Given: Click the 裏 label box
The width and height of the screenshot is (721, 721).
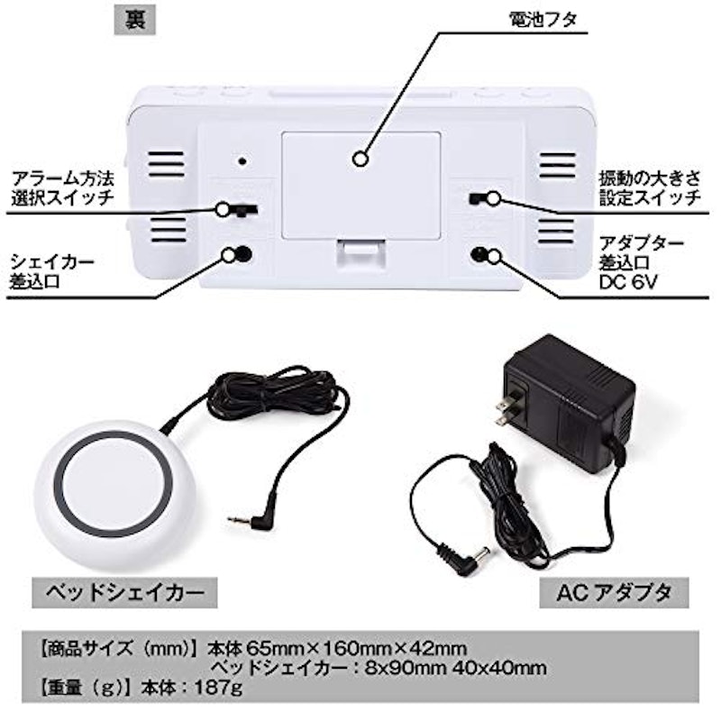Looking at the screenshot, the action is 134,21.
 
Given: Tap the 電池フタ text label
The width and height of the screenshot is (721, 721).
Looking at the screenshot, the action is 543,20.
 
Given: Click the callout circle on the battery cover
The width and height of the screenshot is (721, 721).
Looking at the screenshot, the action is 360,160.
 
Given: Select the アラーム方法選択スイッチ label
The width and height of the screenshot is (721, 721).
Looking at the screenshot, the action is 62,188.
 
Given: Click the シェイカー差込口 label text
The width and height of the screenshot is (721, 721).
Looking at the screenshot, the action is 51,272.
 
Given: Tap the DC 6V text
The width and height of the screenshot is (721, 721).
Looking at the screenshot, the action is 627,282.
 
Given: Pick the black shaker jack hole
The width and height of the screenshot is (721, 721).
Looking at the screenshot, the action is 243,254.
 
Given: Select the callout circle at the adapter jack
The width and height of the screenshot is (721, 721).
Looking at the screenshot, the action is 493,256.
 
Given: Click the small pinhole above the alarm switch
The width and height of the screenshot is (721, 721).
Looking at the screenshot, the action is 242,161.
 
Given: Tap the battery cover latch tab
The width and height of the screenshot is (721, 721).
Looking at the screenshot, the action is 360,254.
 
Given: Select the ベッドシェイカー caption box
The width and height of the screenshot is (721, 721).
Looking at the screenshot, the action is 124,593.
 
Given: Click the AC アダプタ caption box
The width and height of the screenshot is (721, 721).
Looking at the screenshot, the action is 614,593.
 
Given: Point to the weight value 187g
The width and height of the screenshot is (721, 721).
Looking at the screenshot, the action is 218,689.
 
